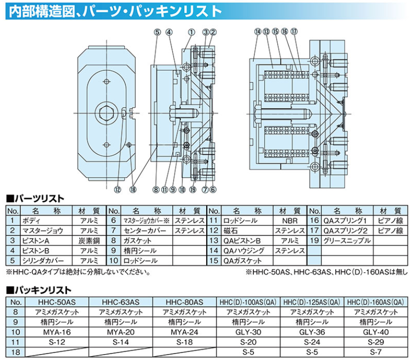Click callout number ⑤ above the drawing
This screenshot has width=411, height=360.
[x=157, y=33]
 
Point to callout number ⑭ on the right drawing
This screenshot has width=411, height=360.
[x=257, y=33]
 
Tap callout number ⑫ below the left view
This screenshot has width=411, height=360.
[x=117, y=189]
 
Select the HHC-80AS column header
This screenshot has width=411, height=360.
[x=184, y=301]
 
